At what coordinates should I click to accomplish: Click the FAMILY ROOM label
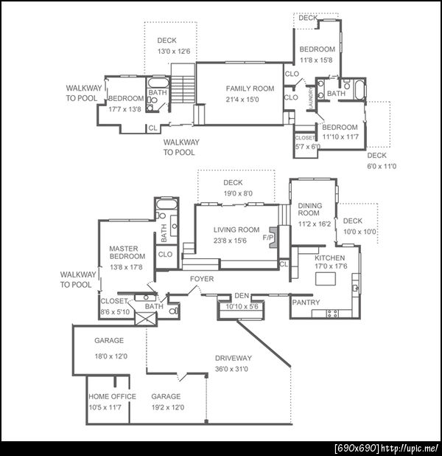[250, 89]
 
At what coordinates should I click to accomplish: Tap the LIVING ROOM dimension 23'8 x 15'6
[230, 241]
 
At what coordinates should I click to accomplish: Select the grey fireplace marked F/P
[273, 238]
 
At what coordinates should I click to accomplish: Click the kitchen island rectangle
[326, 278]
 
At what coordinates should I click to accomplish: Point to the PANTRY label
[306, 303]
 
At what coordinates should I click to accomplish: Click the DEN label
[242, 296]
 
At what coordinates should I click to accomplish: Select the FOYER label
[202, 279]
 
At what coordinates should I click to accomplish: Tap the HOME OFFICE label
[113, 396]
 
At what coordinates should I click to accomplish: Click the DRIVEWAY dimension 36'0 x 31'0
[231, 369]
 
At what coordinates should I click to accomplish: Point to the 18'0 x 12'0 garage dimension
[111, 356]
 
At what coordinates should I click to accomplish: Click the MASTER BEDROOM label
[127, 252]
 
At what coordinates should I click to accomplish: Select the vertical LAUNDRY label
[311, 98]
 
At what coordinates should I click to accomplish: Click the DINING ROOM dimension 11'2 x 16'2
[315, 224]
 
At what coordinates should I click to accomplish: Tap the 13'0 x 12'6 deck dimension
[174, 52]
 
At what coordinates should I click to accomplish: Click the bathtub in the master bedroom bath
[166, 204]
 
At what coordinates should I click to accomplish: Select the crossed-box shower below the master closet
[146, 319]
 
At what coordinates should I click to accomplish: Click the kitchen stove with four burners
[332, 314]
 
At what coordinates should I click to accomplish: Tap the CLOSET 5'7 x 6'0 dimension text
[308, 147]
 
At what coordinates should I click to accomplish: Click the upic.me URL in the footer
[410, 448]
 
